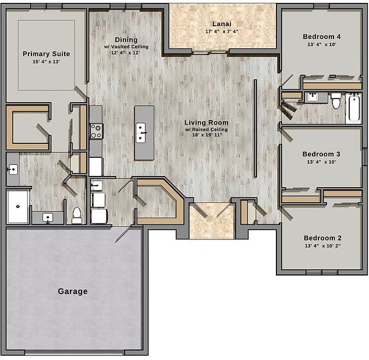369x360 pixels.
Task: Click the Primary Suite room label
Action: (x=47, y=54)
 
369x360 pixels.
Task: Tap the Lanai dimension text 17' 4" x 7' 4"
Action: (x=222, y=31)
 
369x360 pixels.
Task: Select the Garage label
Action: (x=73, y=291)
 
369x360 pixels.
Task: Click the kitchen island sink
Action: (x=140, y=133)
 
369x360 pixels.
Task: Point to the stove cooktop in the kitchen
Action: (x=96, y=131)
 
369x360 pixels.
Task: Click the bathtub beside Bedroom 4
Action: (x=354, y=107)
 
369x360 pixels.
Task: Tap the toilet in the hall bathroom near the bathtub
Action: (x=336, y=101)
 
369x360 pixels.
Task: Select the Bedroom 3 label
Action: (x=321, y=154)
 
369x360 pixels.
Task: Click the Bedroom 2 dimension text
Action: (x=322, y=246)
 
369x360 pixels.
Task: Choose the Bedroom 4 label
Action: (x=322, y=37)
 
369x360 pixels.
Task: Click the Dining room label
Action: (x=126, y=40)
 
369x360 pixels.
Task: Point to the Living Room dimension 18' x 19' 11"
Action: (x=207, y=135)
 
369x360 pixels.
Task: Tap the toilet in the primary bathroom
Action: (x=77, y=216)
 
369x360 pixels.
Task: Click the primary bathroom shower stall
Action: (x=18, y=206)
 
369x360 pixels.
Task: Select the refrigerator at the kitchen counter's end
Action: (x=96, y=167)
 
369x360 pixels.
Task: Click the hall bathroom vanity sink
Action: (x=313, y=97)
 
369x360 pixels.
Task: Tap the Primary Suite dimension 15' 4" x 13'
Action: (x=47, y=62)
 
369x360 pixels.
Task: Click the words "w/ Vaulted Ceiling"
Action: (x=126, y=47)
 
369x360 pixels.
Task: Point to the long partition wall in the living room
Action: (x=256, y=128)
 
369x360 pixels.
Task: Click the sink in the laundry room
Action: (x=97, y=185)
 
